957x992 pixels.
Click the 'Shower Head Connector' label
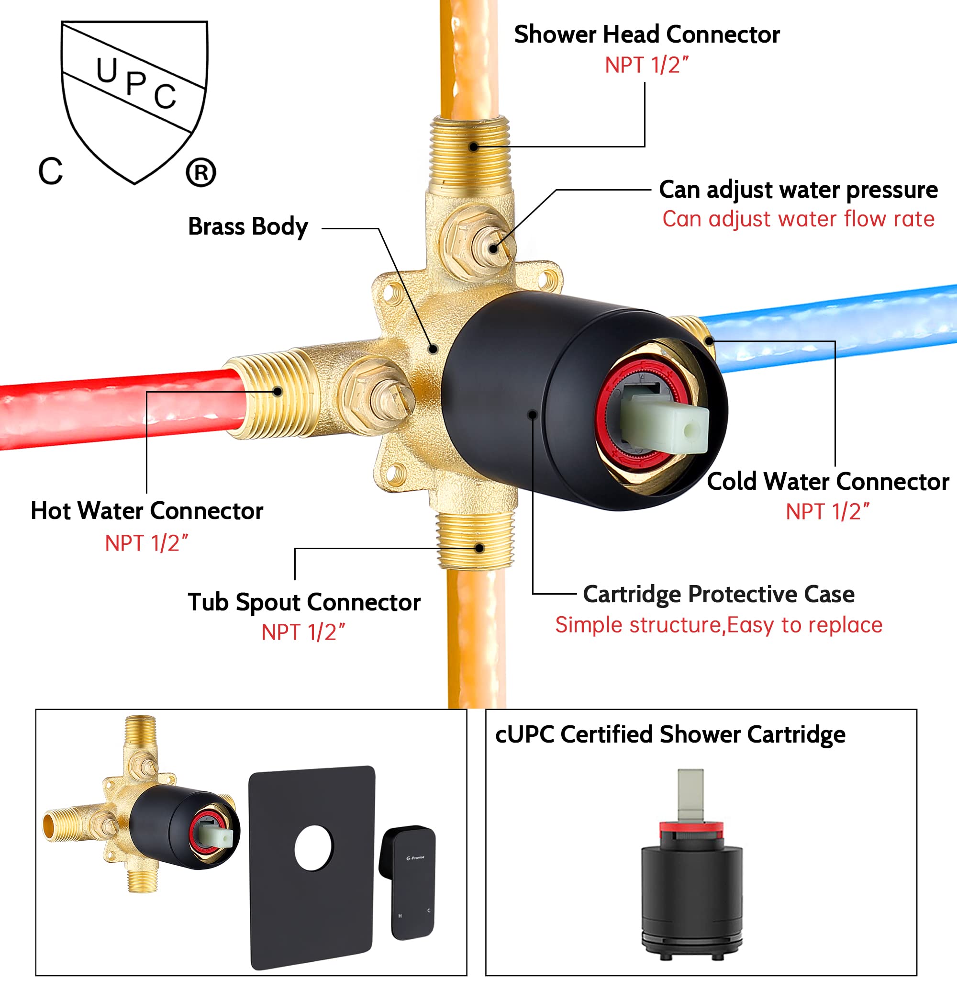tap(646, 34)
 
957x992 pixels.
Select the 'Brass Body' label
tap(248, 226)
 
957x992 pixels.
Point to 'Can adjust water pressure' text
tap(798, 190)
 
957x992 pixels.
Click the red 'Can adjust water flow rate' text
tap(798, 219)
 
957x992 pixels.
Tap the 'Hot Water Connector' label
tap(147, 511)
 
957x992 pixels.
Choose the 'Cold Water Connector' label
tap(827, 481)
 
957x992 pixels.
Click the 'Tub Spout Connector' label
tap(304, 602)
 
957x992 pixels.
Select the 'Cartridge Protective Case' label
tap(718, 594)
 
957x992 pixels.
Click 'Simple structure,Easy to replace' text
tap(718, 625)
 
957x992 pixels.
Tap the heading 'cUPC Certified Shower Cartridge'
tap(670, 734)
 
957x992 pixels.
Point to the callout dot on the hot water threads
tap(277, 391)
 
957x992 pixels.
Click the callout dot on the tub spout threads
tap(479, 548)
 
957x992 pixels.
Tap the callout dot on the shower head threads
tap(473, 147)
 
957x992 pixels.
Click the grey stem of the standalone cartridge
tap(690, 794)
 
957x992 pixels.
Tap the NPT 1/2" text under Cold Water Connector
tap(827, 512)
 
